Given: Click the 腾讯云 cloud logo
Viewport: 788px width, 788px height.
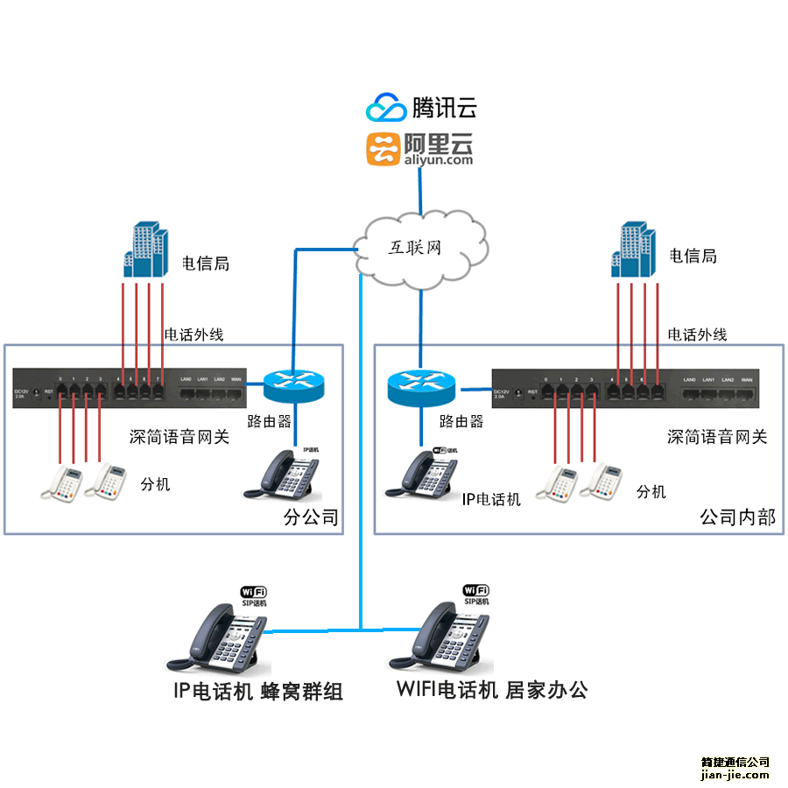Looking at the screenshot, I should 387,107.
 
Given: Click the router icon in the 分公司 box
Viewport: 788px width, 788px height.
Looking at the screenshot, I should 292,383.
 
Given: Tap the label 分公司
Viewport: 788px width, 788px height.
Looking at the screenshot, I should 311,517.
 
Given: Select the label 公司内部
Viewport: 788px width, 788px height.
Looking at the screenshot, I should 737,517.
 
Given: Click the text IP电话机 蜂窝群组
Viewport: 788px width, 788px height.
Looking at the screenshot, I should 257,692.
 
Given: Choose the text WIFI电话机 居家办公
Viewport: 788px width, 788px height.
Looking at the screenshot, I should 491,690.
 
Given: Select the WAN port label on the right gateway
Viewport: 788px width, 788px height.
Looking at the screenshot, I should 747,379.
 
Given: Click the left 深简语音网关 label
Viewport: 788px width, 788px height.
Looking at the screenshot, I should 179,437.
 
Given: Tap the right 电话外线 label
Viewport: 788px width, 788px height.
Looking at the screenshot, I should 697,334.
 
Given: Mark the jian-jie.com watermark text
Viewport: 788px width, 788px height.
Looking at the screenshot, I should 735,774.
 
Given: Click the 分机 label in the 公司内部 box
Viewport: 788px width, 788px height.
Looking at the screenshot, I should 651,492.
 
